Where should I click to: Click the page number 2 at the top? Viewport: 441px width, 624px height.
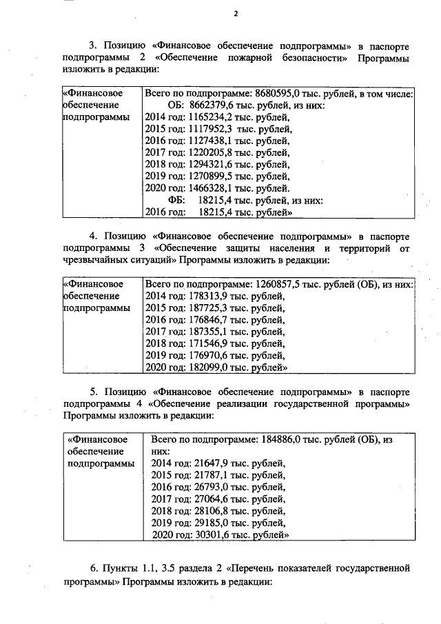pyautogui.click(x=235, y=14)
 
